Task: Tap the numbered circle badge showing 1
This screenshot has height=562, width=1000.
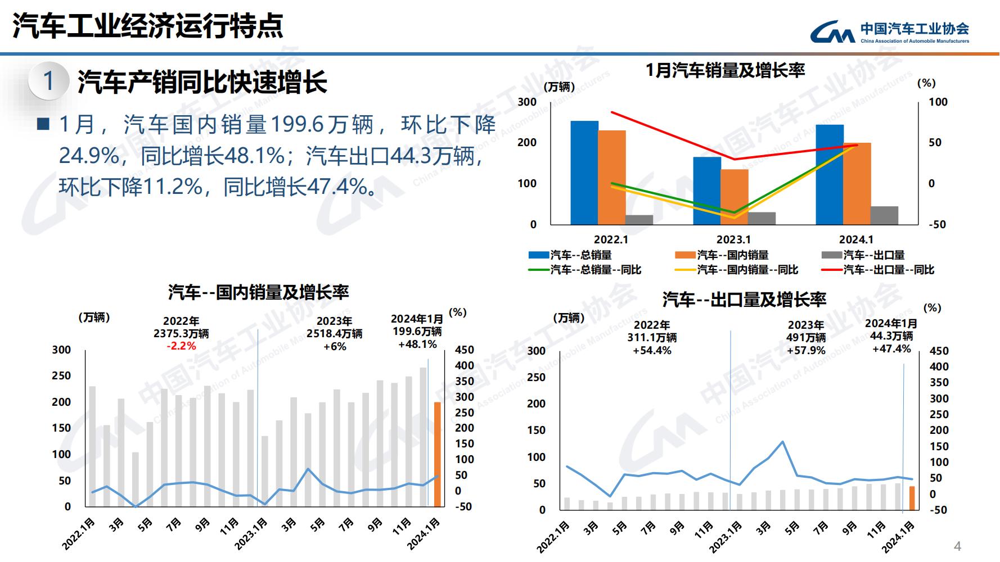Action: pyautogui.click(x=48, y=81)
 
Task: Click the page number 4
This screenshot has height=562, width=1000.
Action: pyautogui.click(x=958, y=546)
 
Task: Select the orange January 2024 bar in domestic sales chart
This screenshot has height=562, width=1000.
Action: pyautogui.click(x=438, y=454)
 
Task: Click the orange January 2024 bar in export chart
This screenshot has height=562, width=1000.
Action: pyautogui.click(x=912, y=498)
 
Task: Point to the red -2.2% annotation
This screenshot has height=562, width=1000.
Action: pyautogui.click(x=181, y=346)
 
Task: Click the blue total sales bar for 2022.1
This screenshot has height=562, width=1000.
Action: pyautogui.click(x=584, y=173)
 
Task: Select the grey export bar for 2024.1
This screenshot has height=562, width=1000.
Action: pyautogui.click(x=884, y=215)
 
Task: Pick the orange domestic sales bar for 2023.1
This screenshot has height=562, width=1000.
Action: pyautogui.click(x=734, y=197)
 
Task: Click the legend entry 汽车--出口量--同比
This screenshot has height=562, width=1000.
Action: pyautogui.click(x=889, y=270)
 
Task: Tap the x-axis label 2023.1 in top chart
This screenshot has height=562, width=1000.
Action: pyautogui.click(x=733, y=239)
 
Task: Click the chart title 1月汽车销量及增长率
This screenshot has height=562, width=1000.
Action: pyautogui.click(x=725, y=70)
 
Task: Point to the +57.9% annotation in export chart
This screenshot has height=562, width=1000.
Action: pyautogui.click(x=806, y=351)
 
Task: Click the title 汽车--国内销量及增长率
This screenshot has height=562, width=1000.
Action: pyautogui.click(x=258, y=292)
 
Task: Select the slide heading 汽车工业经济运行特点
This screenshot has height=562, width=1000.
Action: pyautogui.click(x=148, y=26)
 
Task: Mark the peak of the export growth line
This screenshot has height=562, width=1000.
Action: pyautogui.click(x=782, y=442)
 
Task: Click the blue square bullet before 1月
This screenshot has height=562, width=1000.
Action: pyautogui.click(x=43, y=124)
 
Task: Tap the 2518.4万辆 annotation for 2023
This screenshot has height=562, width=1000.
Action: pyautogui.click(x=334, y=334)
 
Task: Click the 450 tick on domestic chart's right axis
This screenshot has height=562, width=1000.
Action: pyautogui.click(x=465, y=350)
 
